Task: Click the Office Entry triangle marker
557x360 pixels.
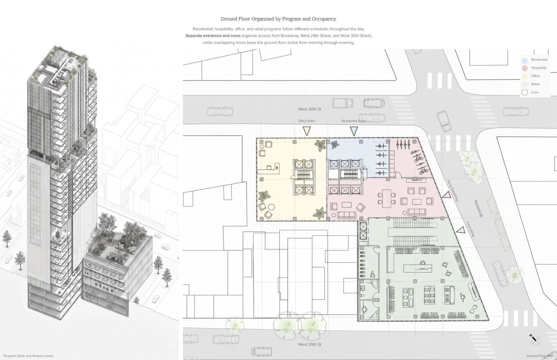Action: [x=307, y=131]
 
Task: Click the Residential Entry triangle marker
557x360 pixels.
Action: [x=354, y=131]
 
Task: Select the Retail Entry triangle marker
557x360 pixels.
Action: [x=461, y=230]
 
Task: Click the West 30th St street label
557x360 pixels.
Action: [x=309, y=109]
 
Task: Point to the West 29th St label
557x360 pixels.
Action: [x=309, y=344]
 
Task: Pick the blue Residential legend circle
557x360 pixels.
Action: [x=525, y=60]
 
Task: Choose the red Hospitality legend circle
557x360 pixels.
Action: [x=525, y=68]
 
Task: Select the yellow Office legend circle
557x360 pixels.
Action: [x=525, y=76]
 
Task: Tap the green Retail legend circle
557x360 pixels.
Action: [x=525, y=85]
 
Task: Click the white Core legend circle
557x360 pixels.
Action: [x=525, y=93]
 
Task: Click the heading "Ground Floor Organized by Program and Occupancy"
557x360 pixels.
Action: [x=278, y=19]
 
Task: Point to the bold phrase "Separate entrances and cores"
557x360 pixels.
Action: [x=213, y=36]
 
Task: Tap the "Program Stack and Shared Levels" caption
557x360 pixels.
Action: [x=28, y=356]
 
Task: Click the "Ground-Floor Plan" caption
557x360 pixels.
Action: [x=540, y=356]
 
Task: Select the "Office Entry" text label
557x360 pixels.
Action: [x=307, y=121]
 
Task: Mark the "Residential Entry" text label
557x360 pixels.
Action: [x=354, y=121]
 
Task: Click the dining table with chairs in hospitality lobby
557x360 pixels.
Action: [x=387, y=199]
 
